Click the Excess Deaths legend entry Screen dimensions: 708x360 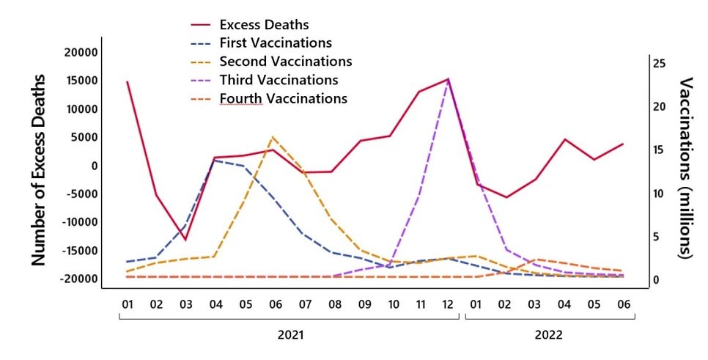click(264, 24)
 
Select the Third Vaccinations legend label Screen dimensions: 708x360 click(279, 80)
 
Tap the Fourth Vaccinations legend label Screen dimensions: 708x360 click(284, 98)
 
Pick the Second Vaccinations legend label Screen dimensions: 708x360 click(285, 61)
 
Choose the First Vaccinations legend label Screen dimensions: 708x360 click(276, 43)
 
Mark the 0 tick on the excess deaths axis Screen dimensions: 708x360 click(94, 166)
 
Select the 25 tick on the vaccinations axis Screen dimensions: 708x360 click(659, 64)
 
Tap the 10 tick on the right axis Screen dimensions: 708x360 click(659, 194)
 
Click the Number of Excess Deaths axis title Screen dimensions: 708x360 click(38, 170)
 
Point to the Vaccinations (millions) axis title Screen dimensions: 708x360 click(685, 168)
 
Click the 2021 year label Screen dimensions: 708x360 click(290, 335)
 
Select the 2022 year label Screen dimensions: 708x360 click(549, 335)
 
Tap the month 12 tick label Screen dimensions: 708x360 click(448, 304)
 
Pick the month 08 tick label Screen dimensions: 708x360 click(335, 304)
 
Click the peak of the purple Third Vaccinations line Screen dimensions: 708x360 click(448, 79)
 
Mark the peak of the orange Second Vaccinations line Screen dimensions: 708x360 click(272, 137)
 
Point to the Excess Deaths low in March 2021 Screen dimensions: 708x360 click(185, 240)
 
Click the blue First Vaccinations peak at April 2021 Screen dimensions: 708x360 click(215, 161)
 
